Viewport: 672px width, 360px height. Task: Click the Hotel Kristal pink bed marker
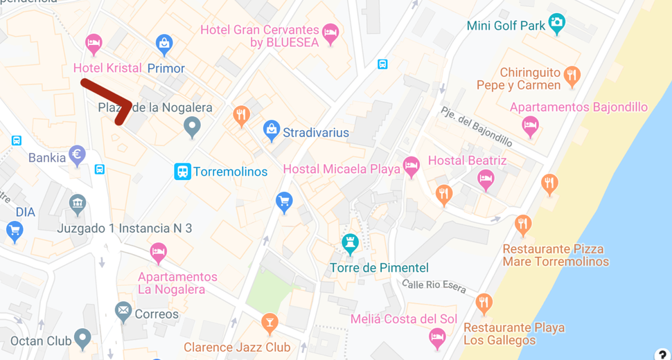[x=94, y=44]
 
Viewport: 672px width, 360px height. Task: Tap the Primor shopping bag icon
[x=164, y=44]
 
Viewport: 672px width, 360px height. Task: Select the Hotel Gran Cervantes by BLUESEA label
[x=259, y=36]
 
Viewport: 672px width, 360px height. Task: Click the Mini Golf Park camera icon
[x=556, y=22]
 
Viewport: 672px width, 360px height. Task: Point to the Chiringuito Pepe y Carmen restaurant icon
[x=572, y=75]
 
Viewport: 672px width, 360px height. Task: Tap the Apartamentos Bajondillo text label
[x=578, y=107]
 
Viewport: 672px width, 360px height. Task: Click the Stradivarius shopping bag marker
[x=272, y=129]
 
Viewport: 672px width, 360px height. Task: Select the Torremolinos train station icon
[x=182, y=171]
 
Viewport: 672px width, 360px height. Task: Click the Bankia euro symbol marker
[x=77, y=154]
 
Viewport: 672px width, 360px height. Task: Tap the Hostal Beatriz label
[x=467, y=161]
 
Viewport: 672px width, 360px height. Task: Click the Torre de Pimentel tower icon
[x=351, y=243]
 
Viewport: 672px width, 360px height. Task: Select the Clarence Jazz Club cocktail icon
[x=269, y=322]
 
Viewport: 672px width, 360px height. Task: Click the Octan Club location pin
[x=82, y=338]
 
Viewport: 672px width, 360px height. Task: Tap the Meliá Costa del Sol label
[x=404, y=319]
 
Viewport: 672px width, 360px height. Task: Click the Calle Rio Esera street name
[x=434, y=286]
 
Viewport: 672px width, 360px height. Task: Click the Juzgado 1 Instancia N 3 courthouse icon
[x=77, y=204]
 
